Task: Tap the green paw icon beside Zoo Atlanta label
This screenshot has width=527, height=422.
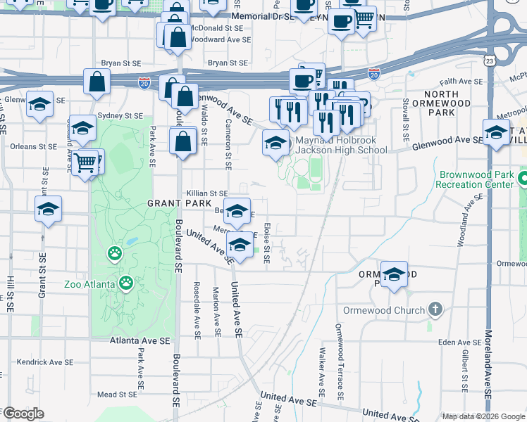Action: coord(126,283)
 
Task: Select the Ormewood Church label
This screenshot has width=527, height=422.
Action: coord(384,310)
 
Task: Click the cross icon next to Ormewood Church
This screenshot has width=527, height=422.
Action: coord(436,309)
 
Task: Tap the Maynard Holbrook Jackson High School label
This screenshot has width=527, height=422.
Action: coord(341,145)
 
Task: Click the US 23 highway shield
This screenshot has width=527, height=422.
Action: coord(488,61)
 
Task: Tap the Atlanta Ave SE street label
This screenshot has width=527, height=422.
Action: coord(140,340)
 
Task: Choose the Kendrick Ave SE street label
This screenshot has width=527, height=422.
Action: coord(42,362)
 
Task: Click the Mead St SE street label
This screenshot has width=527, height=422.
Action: coord(117,395)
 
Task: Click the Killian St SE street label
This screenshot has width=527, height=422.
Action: coord(207,193)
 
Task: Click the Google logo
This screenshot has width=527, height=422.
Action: coord(23,414)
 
